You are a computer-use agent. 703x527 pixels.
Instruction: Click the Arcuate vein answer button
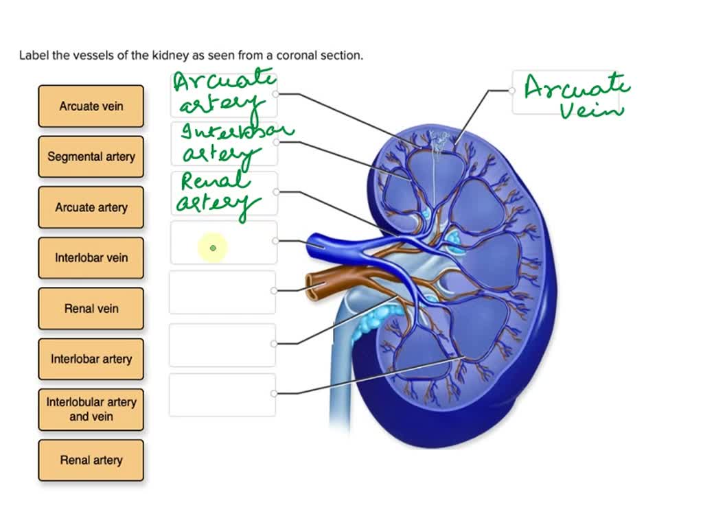tap(91, 106)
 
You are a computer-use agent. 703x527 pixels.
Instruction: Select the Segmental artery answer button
tap(91, 156)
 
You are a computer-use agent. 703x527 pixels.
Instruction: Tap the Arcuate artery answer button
tap(91, 207)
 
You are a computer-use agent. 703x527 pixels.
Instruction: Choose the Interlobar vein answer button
tap(91, 258)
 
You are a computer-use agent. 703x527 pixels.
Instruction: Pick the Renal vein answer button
tap(91, 309)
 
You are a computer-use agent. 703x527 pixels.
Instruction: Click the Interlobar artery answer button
tap(91, 359)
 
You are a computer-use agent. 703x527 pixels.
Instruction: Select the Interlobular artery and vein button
tap(91, 409)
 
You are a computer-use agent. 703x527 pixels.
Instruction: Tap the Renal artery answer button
tap(91, 460)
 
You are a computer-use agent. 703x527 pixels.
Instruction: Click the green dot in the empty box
tap(213, 248)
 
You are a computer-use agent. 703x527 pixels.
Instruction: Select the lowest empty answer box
tap(222, 395)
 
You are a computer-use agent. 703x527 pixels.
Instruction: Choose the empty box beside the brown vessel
tap(222, 292)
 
